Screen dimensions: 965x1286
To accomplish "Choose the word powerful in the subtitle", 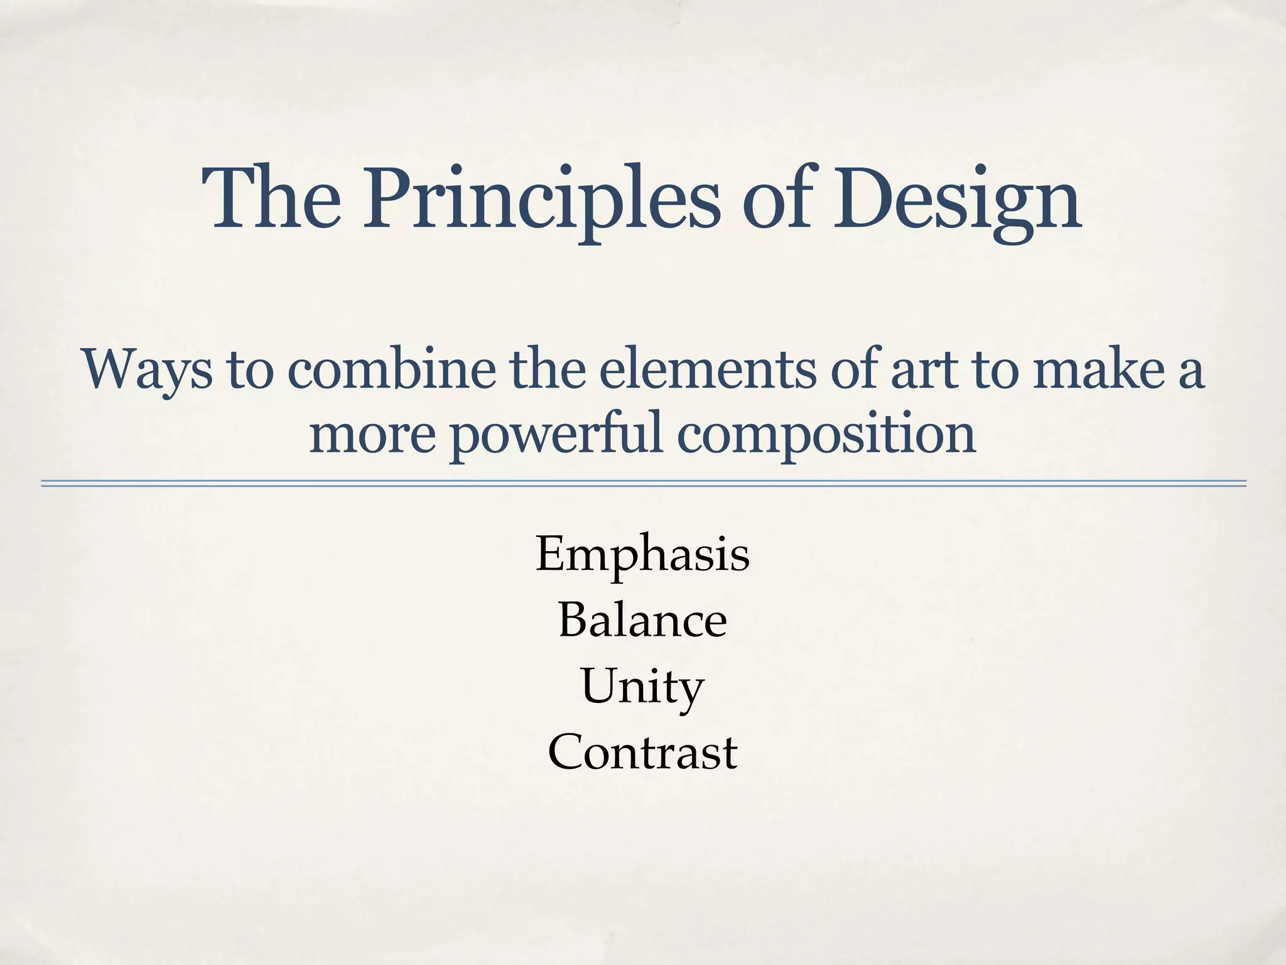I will click(x=556, y=435).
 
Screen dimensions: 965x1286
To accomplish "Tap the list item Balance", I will click(x=642, y=621).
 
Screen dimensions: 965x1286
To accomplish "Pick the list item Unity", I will click(x=642, y=687).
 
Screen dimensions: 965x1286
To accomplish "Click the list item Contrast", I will click(x=642, y=753).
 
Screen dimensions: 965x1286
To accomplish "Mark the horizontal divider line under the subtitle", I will click(x=643, y=484).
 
